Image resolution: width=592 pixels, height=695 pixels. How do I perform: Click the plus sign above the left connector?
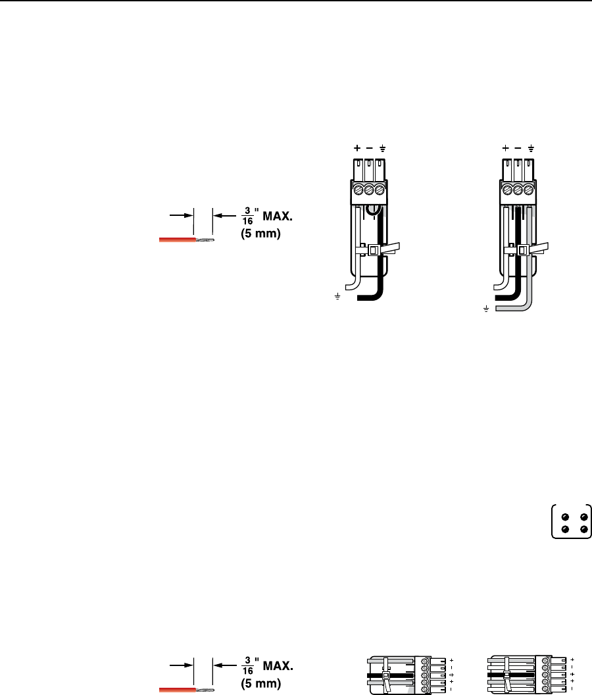click(357, 148)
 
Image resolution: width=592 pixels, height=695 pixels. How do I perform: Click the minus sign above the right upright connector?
click(518, 148)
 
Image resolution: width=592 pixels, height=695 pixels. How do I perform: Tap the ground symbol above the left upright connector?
click(382, 149)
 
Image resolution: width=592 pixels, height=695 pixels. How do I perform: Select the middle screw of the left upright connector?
click(368, 190)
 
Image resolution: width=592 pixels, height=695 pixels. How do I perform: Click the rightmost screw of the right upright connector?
click(528, 190)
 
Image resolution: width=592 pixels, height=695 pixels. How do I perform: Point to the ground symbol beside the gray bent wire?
click(486, 309)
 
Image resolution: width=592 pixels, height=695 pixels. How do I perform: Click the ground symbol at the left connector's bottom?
click(337, 297)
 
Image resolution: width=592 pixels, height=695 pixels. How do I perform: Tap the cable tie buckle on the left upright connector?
click(373, 251)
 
